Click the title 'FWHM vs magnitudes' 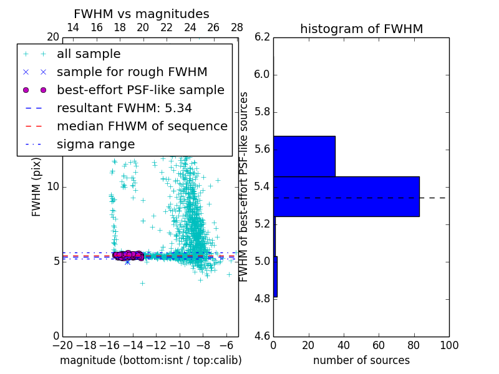pyautogui.click(x=141, y=14)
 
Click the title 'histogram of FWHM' pyautogui.click(x=361, y=29)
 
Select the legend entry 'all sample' pyautogui.click(x=89, y=54)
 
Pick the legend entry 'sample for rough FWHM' pyautogui.click(x=132, y=72)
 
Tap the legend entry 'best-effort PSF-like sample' pyautogui.click(x=140, y=90)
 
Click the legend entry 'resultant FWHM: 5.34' pyautogui.click(x=124, y=108)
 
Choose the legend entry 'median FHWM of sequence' pyautogui.click(x=142, y=127)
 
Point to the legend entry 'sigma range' pyautogui.click(x=95, y=145)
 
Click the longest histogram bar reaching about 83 pyautogui.click(x=346, y=196)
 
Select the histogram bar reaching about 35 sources pyautogui.click(x=304, y=156)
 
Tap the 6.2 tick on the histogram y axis pyautogui.click(x=262, y=37)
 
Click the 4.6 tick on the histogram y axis pyautogui.click(x=262, y=336)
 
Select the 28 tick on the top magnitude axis pyautogui.click(x=237, y=28)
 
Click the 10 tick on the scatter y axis pyautogui.click(x=52, y=187)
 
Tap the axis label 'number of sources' pyautogui.click(x=361, y=360)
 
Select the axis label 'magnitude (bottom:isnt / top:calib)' pyautogui.click(x=150, y=360)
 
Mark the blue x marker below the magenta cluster pyautogui.click(x=127, y=262)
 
